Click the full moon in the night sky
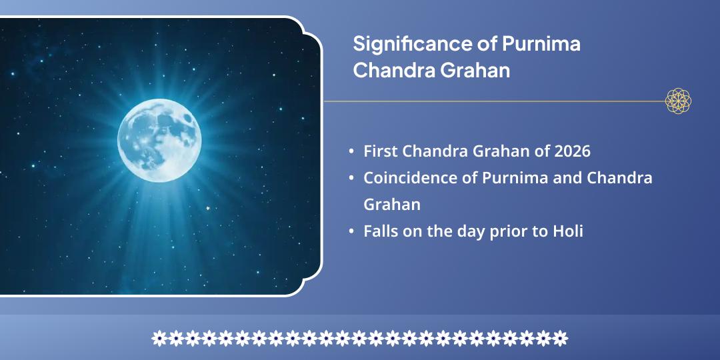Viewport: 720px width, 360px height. coord(159,140)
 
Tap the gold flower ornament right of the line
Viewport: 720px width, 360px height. coord(678,101)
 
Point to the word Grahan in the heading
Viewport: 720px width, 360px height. coord(476,71)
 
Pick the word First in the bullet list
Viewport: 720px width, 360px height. coord(381,151)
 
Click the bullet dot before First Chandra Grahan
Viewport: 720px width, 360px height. coord(351,152)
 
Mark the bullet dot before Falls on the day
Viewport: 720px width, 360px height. coord(351,232)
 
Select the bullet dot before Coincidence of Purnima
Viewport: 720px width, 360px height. coord(351,179)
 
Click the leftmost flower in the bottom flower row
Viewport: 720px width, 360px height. coord(159,338)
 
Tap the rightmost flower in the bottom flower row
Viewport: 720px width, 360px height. coord(561,338)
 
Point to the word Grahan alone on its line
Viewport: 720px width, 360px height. coord(392,205)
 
